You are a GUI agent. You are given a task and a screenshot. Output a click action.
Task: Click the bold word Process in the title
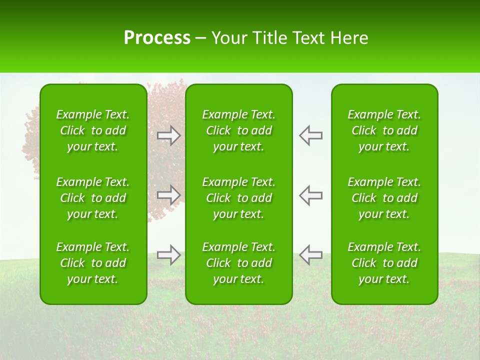[157, 38]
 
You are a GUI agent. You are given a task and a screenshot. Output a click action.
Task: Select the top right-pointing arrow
[168, 135]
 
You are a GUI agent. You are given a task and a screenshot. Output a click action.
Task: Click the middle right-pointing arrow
[168, 195]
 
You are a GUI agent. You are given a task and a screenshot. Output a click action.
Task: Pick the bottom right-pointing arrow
[168, 254]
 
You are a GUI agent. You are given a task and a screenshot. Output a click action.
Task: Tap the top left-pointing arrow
[310, 135]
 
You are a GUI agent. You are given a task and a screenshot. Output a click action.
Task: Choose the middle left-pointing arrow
[310, 195]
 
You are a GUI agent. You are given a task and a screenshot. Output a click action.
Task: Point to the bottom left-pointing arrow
[310, 254]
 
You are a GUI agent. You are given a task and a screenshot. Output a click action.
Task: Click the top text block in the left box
[93, 130]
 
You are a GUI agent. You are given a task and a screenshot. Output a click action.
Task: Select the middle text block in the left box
[93, 198]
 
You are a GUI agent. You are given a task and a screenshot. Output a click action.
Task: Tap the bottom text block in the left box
[93, 263]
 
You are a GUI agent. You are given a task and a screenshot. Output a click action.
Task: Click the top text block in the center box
[238, 130]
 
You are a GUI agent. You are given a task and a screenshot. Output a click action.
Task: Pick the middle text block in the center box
[238, 198]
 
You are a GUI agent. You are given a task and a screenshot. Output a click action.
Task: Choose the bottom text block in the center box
[238, 263]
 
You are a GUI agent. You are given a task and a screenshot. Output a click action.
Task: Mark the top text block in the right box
[384, 130]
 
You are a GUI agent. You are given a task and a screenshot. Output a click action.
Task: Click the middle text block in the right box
[384, 198]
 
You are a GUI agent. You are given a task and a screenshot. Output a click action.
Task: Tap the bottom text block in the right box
[384, 263]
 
